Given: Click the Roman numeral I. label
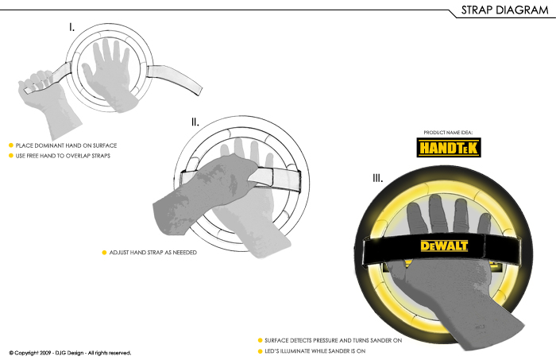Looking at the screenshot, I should point(72,27).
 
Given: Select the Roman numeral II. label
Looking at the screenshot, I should point(195,122).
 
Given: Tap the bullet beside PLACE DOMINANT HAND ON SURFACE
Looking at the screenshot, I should point(11,145).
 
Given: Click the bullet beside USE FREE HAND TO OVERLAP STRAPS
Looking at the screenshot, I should point(11,155).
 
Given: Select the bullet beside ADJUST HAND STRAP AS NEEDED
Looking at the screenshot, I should point(104,252).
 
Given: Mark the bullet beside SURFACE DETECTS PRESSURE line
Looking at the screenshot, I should point(260,340).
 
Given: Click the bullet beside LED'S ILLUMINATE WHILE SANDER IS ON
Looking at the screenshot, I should point(260,350).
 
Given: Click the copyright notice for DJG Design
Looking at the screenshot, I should point(70,352).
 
